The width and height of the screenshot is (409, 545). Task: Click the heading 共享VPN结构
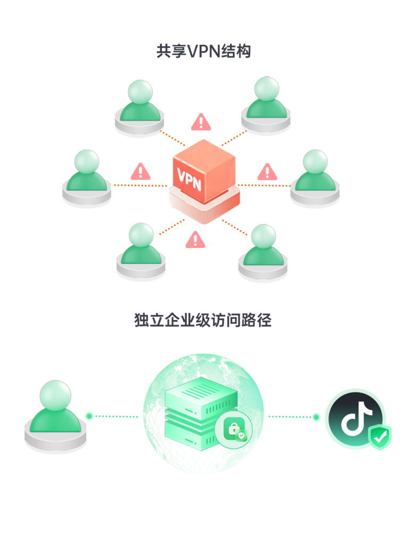(x=203, y=52)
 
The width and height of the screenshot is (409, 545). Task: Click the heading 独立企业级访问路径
(x=203, y=320)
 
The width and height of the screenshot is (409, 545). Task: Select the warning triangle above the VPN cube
(x=201, y=122)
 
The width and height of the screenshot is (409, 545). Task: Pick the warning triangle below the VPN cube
(x=195, y=240)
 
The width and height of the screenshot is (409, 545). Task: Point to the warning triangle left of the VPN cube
(x=141, y=172)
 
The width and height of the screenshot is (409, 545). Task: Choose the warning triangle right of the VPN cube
(x=267, y=172)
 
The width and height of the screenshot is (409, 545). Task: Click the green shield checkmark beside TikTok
(x=380, y=437)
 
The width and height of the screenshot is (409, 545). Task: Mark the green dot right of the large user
(x=89, y=416)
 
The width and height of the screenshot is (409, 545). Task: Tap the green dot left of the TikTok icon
(x=316, y=417)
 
